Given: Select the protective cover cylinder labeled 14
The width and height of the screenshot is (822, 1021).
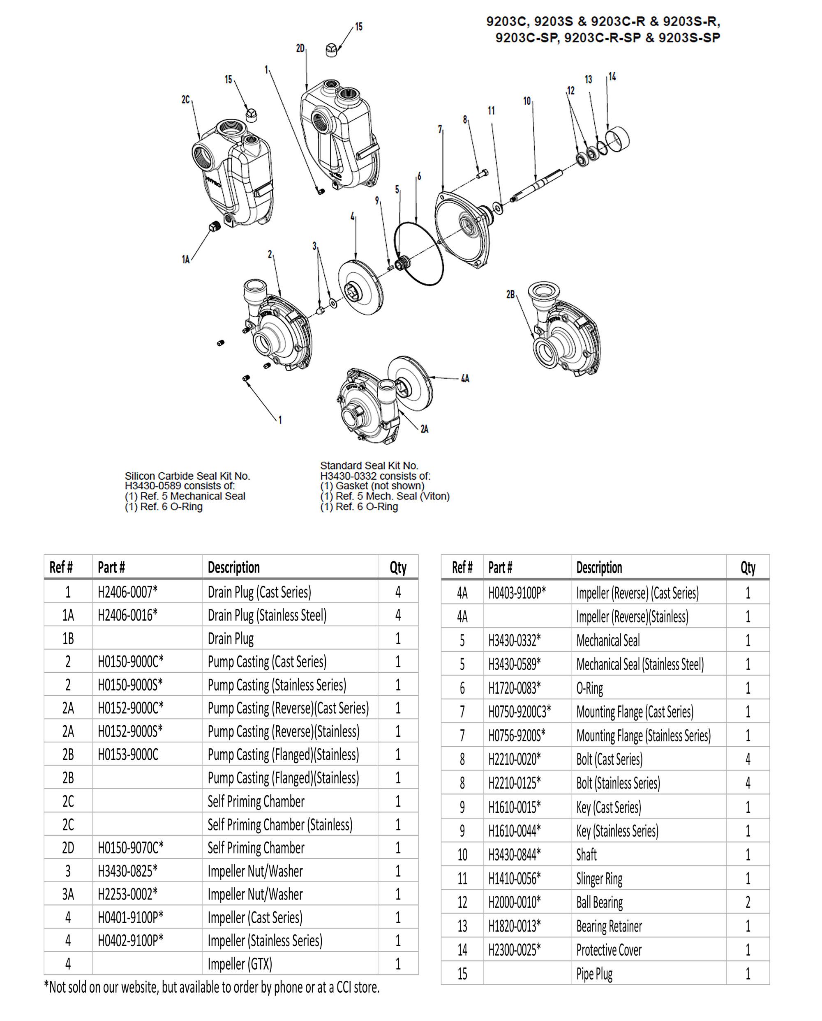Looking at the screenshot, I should [618, 139].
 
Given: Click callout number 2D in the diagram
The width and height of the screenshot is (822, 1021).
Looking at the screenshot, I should [300, 48].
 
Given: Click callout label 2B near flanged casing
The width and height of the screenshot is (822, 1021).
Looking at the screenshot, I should [510, 294].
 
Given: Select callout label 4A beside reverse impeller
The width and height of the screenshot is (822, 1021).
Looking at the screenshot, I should [465, 378].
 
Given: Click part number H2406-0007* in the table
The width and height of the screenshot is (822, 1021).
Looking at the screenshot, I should [127, 592].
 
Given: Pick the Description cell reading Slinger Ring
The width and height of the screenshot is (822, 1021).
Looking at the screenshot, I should [599, 879].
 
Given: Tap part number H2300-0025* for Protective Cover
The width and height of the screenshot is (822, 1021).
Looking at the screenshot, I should [515, 950].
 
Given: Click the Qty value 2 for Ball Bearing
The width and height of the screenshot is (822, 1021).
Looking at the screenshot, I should [748, 903].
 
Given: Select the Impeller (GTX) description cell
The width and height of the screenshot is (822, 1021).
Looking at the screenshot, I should [240, 964].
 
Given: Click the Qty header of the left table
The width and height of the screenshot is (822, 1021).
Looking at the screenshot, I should [398, 567].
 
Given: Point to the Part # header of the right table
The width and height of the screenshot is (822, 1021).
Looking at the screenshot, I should [500, 567].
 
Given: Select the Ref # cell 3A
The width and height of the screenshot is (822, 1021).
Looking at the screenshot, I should [68, 894].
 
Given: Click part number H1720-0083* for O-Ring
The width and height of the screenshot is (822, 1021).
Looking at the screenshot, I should [515, 688].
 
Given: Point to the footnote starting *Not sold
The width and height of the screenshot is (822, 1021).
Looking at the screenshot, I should [212, 987].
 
